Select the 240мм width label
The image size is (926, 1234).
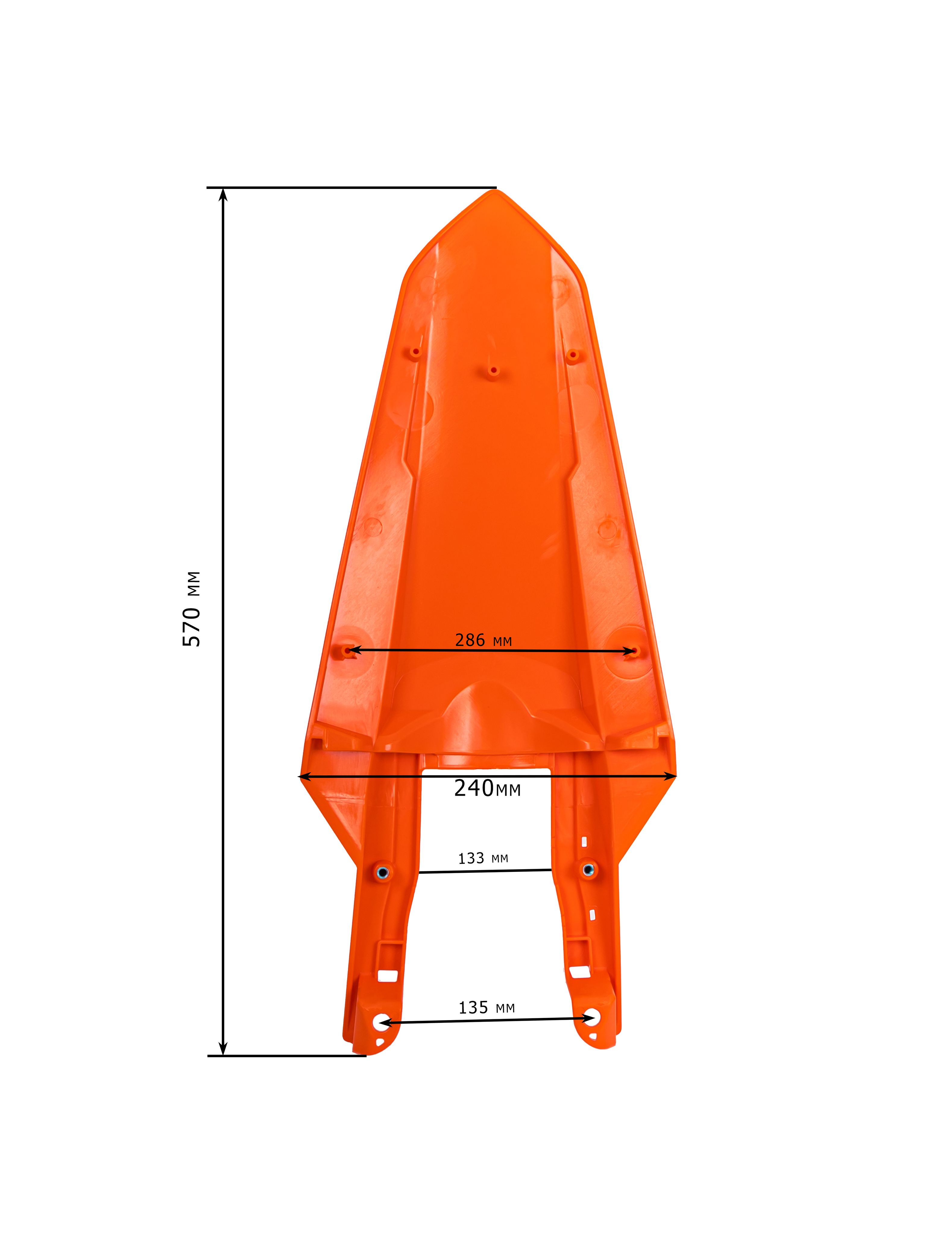coord(487,788)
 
